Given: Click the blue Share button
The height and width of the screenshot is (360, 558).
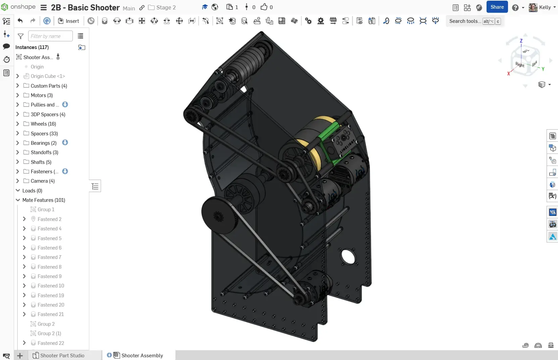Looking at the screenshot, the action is tap(497, 7).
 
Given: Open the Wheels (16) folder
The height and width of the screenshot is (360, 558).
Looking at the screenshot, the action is tap(43, 124).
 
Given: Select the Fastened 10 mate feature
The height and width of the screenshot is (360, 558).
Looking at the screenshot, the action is tap(51, 286).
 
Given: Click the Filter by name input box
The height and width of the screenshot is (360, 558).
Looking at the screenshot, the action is tap(50, 36).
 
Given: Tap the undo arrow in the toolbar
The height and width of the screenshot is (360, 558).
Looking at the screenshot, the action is tap(20, 21).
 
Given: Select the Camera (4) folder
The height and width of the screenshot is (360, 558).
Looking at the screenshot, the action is tap(43, 181).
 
